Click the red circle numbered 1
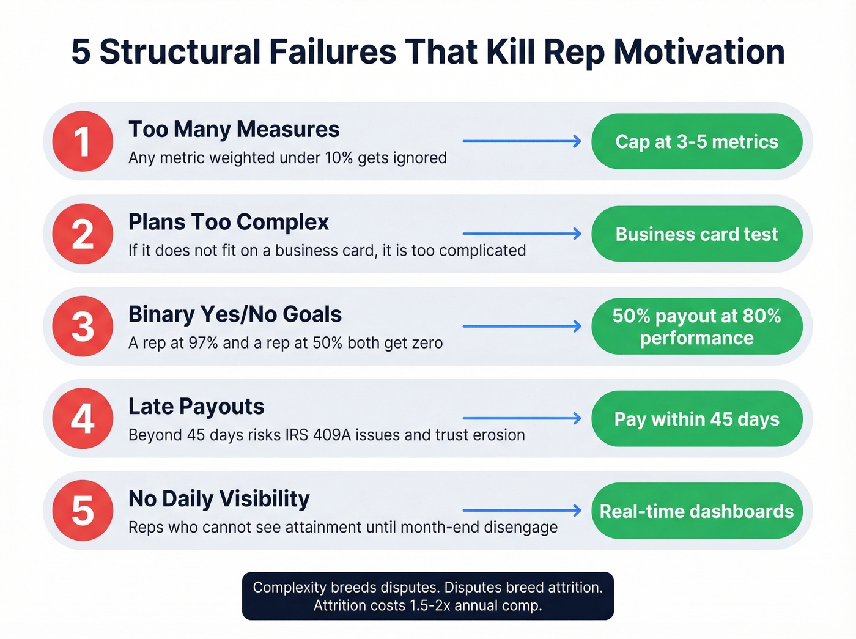pyautogui.click(x=83, y=141)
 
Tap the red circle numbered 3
pyautogui.click(x=83, y=327)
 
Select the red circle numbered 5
pyautogui.click(x=83, y=511)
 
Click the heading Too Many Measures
pyautogui.click(x=234, y=130)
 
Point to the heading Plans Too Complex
pyautogui.click(x=229, y=222)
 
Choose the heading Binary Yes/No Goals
pyautogui.click(x=235, y=314)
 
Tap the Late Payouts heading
pyautogui.click(x=196, y=407)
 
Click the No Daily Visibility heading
pyautogui.click(x=219, y=499)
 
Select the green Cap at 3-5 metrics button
pyautogui.click(x=696, y=141)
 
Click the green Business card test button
pyautogui.click(x=696, y=234)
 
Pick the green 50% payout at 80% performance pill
pyautogui.click(x=696, y=327)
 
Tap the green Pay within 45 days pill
pyautogui.click(x=696, y=419)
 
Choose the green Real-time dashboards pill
pyautogui.click(x=696, y=511)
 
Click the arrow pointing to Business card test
pyautogui.click(x=522, y=234)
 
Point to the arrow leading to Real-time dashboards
pyautogui.click(x=522, y=510)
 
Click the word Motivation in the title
pyautogui.click(x=699, y=51)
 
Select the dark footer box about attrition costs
pyautogui.click(x=428, y=596)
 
